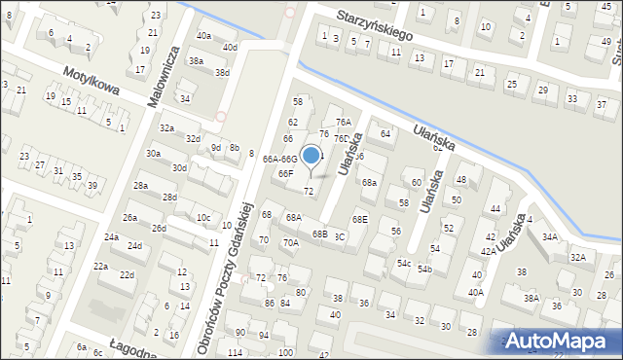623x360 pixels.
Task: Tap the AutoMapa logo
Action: click(x=561, y=341)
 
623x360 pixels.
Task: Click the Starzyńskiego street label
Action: click(x=375, y=26)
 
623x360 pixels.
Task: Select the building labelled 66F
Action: click(x=285, y=173)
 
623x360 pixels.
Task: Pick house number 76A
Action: click(x=343, y=122)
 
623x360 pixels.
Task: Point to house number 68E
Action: click(x=360, y=220)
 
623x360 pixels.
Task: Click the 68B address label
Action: click(x=319, y=234)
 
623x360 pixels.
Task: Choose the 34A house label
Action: click(x=550, y=236)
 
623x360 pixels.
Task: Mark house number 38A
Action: click(x=531, y=298)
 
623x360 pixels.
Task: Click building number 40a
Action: click(x=203, y=35)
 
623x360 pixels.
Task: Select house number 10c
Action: click(x=203, y=217)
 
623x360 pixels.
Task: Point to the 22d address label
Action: click(x=127, y=275)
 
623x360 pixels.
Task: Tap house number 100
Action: click(x=285, y=352)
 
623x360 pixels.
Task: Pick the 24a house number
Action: click(x=112, y=236)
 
